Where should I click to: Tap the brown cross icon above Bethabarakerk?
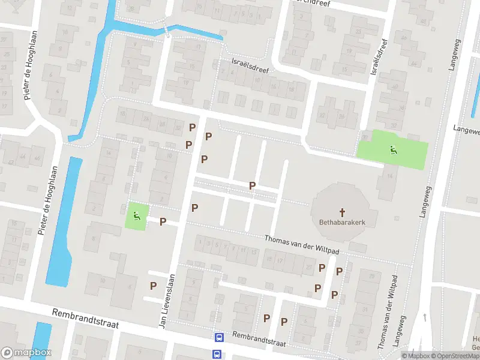click(x=343, y=212)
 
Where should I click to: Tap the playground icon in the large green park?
click(x=393, y=150)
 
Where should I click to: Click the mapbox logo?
click(x=26, y=353)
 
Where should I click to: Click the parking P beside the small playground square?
click(x=163, y=221)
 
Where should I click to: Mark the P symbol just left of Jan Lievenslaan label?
click(x=153, y=286)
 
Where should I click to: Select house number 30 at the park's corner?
click(x=365, y=137)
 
